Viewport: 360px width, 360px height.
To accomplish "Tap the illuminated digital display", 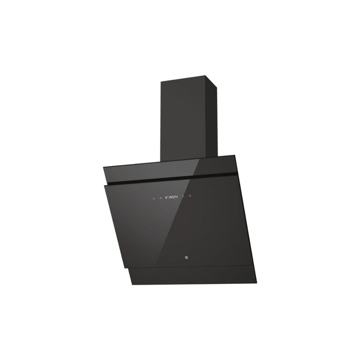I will [x=171, y=196].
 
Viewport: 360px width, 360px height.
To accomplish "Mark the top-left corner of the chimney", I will [x=160, y=81].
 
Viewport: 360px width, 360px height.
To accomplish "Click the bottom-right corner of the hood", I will [x=256, y=283].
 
